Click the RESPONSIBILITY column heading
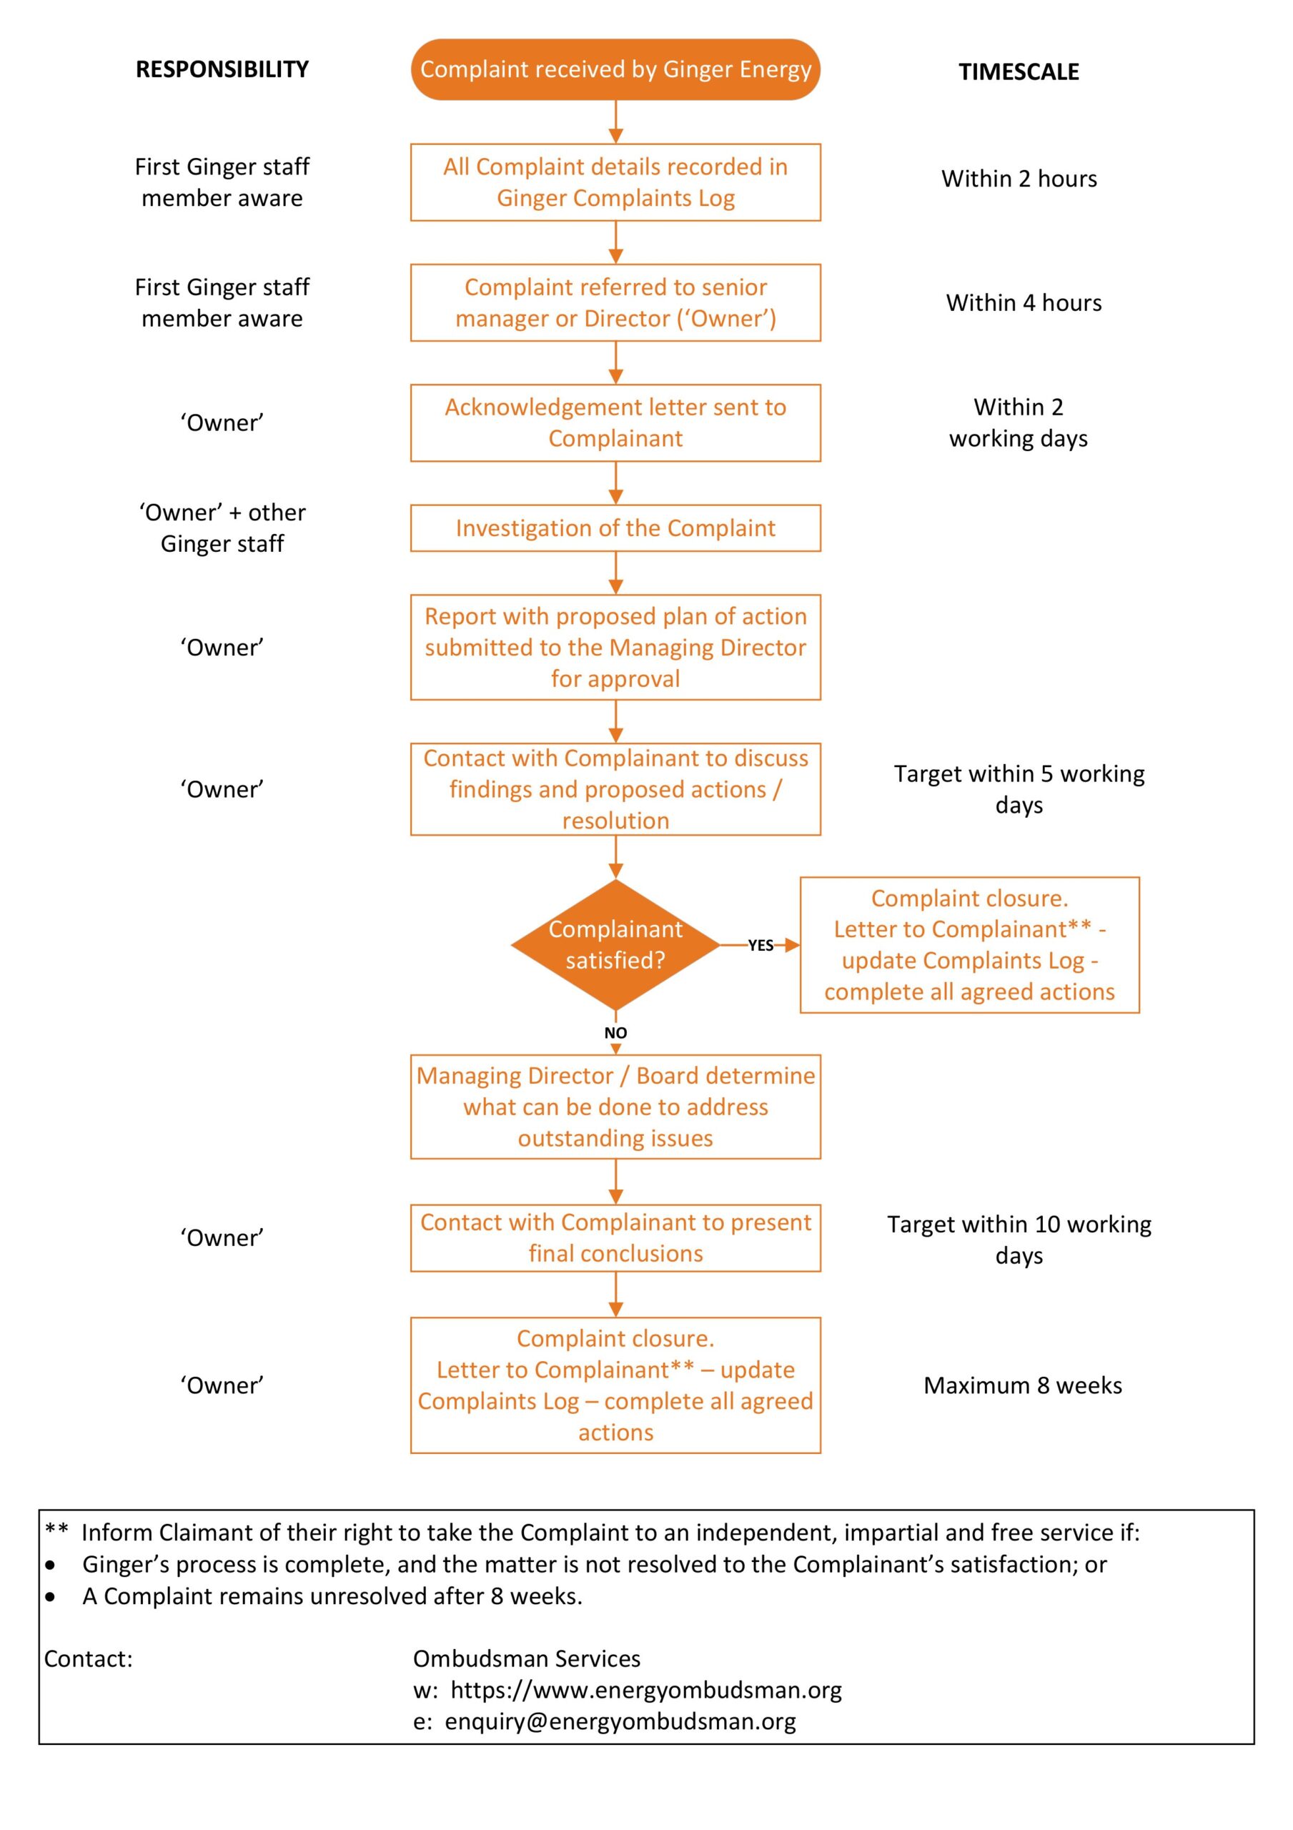[x=222, y=69]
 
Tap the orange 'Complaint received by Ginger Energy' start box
[x=615, y=69]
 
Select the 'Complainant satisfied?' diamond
[x=615, y=944]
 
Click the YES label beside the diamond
[x=760, y=945]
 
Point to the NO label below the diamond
[x=615, y=1033]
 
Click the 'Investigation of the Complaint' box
[x=615, y=528]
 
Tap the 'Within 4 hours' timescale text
[x=1023, y=303]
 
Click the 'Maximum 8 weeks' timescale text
[x=1022, y=1385]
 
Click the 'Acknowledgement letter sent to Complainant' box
[x=615, y=422]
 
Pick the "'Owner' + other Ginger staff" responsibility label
[x=222, y=528]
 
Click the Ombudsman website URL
[x=645, y=1690]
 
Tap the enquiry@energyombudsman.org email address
[x=620, y=1721]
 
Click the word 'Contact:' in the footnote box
[x=89, y=1658]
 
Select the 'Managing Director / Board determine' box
[x=615, y=1107]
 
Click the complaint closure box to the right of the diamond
[x=968, y=944]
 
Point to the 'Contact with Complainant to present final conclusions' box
[x=615, y=1238]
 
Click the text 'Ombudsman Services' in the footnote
[x=526, y=1658]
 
